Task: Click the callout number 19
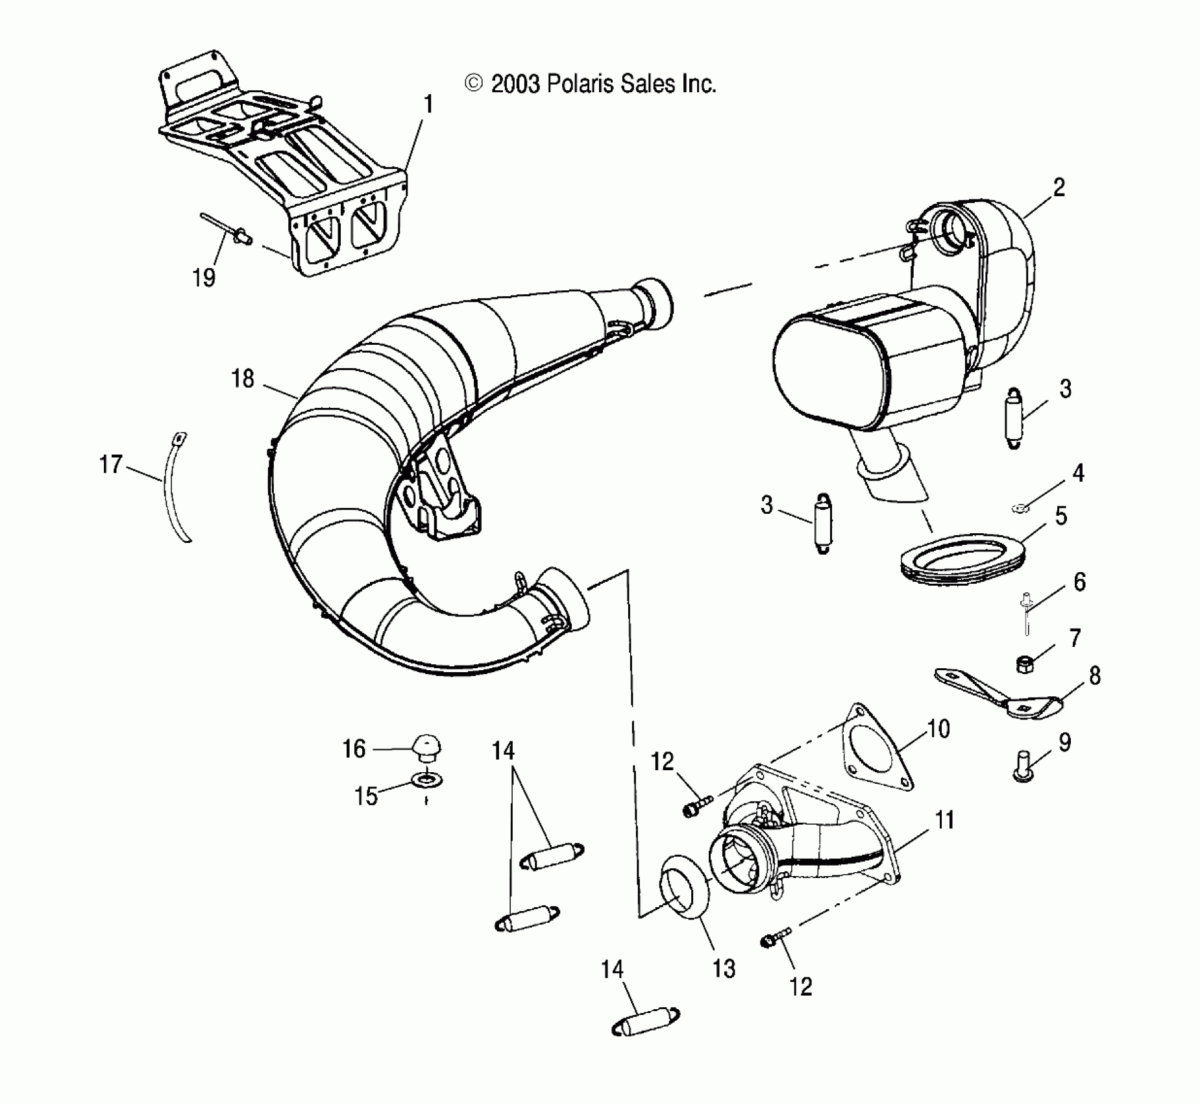pos(204,278)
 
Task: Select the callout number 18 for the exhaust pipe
pos(243,379)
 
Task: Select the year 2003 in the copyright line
pos(515,84)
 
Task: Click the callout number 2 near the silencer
pos(1059,188)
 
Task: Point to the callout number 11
pos(944,820)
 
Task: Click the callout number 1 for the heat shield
pos(428,104)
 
